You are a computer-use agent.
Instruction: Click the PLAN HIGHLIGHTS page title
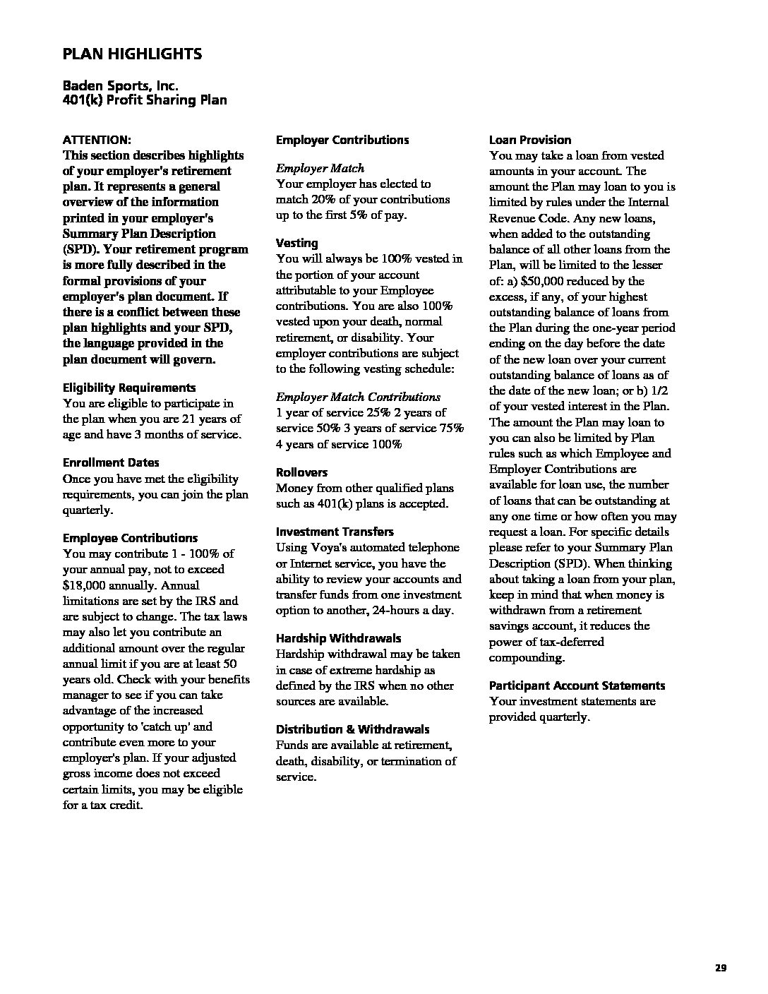(132, 54)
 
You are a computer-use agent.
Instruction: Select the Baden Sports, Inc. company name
(121, 85)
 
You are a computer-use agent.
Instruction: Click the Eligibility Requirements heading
(129, 388)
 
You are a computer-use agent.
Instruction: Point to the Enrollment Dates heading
(111, 462)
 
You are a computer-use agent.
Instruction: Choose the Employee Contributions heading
(130, 538)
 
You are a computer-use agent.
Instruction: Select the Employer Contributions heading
(342, 140)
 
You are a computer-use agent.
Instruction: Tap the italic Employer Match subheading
(320, 168)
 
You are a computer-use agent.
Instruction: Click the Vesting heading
(296, 243)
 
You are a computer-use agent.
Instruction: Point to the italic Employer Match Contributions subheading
(358, 397)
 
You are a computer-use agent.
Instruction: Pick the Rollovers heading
(301, 472)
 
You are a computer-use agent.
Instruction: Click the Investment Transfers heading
(335, 532)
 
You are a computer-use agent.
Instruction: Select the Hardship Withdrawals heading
(338, 638)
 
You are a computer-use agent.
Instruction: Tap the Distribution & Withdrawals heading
(352, 729)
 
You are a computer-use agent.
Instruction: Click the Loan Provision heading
(529, 140)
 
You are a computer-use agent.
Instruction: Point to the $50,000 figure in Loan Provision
(543, 281)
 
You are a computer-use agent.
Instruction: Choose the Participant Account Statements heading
(577, 685)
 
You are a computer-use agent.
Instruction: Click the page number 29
(720, 968)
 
